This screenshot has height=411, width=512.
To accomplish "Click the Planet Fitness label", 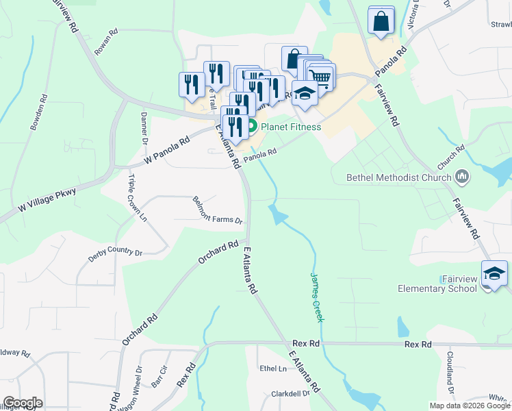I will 291,127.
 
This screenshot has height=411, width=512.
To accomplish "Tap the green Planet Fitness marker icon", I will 252,127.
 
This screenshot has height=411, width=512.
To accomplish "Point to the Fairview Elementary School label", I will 437,284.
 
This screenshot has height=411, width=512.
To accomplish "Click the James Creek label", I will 317,297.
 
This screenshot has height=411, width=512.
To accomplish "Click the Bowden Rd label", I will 38,116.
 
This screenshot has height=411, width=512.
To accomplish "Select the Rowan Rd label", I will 107,42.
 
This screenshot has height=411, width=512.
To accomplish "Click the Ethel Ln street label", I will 273,369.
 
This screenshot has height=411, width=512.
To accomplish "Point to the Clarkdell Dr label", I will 291,394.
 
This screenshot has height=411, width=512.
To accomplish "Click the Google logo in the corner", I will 23,403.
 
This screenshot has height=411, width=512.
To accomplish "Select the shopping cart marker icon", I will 320,76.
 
